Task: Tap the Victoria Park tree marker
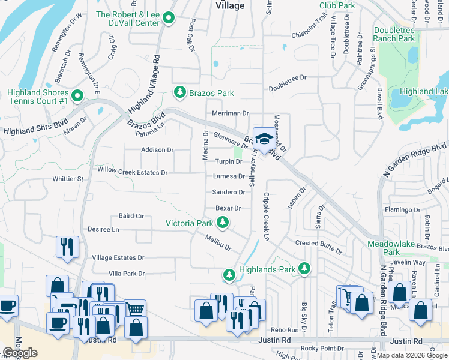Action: point(223,224)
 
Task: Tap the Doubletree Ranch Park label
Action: point(394,34)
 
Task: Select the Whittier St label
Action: point(67,179)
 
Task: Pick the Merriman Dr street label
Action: point(230,113)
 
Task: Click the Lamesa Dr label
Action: point(229,176)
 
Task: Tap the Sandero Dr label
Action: point(228,193)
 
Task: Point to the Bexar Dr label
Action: point(228,208)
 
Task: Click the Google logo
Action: point(20,353)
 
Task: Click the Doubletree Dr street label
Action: point(288,78)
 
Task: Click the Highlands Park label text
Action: point(267,270)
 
